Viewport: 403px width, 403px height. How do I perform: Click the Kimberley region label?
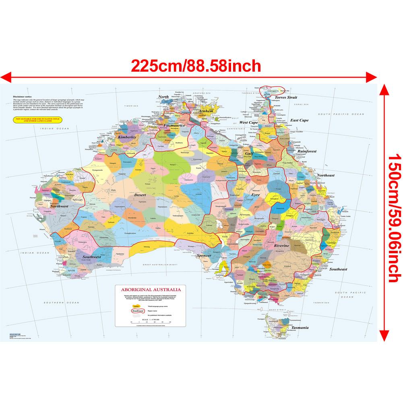coord(128,137)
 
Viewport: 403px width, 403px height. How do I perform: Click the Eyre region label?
coord(256,195)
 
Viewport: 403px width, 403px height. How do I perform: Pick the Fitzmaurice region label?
coord(174,125)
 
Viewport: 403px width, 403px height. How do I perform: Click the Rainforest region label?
coord(307,151)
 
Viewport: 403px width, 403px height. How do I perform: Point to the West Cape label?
coord(248,122)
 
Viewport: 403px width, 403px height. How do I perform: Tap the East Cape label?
coord(300,120)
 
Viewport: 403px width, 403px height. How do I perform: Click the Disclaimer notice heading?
coord(22,97)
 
